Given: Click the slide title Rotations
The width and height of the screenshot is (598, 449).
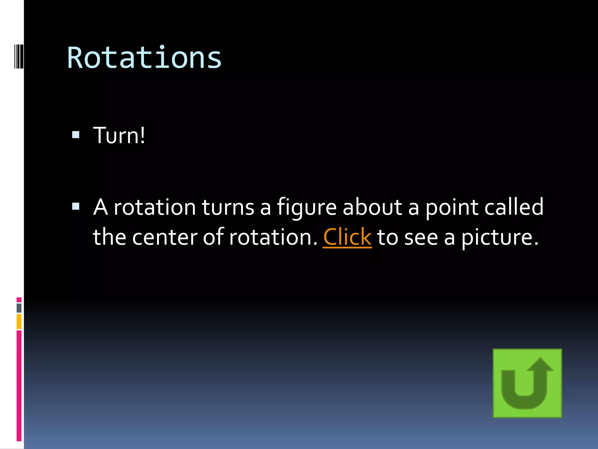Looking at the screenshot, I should point(144,58).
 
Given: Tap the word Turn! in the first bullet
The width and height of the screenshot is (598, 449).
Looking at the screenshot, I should point(119,135).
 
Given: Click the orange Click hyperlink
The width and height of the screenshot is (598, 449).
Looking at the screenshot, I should point(347,237).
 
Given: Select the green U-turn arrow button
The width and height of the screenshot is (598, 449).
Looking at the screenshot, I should point(527,383).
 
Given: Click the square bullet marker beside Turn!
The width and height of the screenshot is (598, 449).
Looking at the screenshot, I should point(76,134).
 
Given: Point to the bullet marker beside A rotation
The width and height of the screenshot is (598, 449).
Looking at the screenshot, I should point(76,206).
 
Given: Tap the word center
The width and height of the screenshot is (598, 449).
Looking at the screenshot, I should point(165,237).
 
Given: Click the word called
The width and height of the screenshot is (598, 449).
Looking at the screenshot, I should point(514,207).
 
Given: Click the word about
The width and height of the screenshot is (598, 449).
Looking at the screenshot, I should point(372,207).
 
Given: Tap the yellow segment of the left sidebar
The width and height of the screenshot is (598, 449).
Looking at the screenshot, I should point(19,322).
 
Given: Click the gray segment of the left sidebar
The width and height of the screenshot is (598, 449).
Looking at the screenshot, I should point(19,308).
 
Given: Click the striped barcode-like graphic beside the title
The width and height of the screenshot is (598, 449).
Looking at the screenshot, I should point(19,56).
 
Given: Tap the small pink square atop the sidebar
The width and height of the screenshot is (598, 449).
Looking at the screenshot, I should point(19,300).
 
